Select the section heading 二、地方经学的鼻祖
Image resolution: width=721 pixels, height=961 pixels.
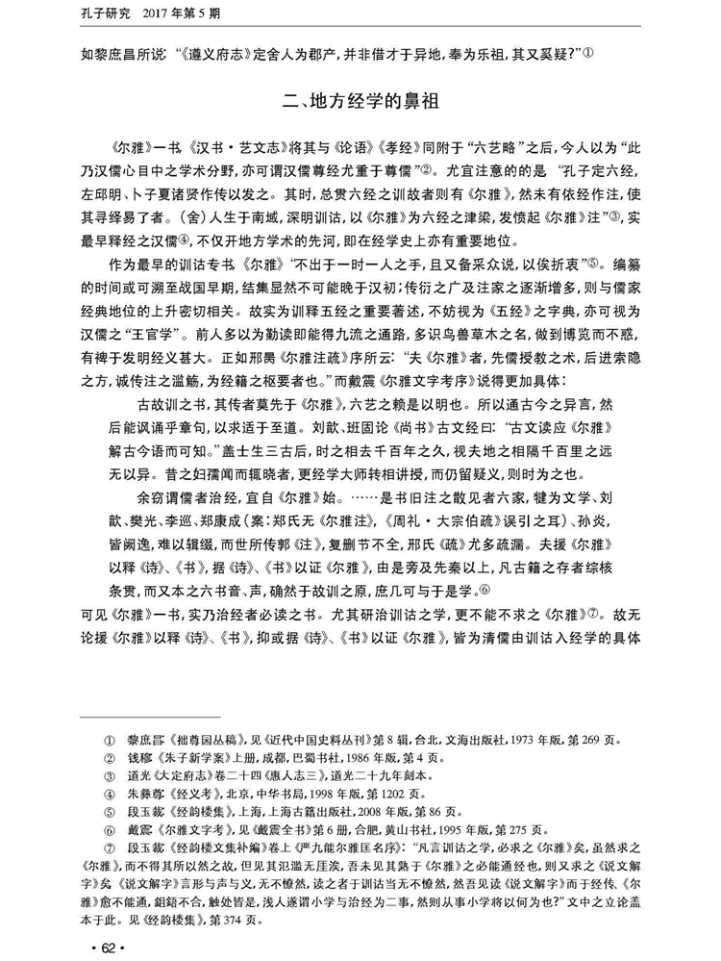[360, 99]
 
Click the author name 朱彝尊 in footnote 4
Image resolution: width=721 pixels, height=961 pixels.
[146, 794]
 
